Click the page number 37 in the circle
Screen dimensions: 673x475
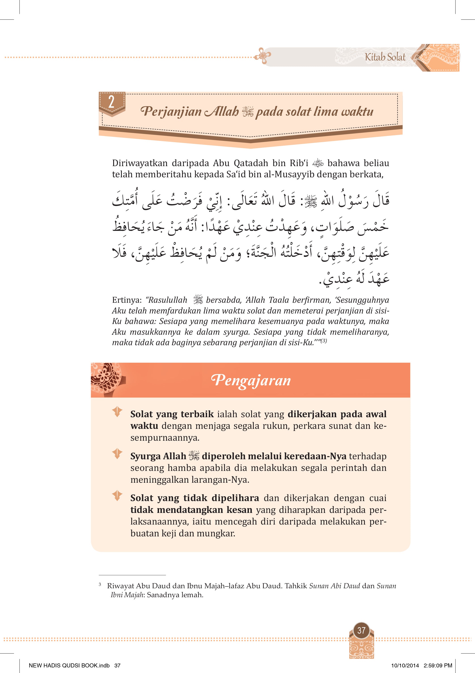361,630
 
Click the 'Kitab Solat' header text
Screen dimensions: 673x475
385,57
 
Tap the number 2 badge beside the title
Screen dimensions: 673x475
111,102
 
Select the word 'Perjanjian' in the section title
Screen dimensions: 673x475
171,111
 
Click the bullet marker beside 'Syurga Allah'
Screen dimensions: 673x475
117,454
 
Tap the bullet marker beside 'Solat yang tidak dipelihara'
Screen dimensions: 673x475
117,496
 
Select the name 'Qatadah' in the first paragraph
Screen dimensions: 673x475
251,163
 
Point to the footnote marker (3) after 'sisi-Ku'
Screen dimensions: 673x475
324,341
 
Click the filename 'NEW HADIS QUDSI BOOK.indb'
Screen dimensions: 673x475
69,666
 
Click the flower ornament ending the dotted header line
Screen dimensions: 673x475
262,56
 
